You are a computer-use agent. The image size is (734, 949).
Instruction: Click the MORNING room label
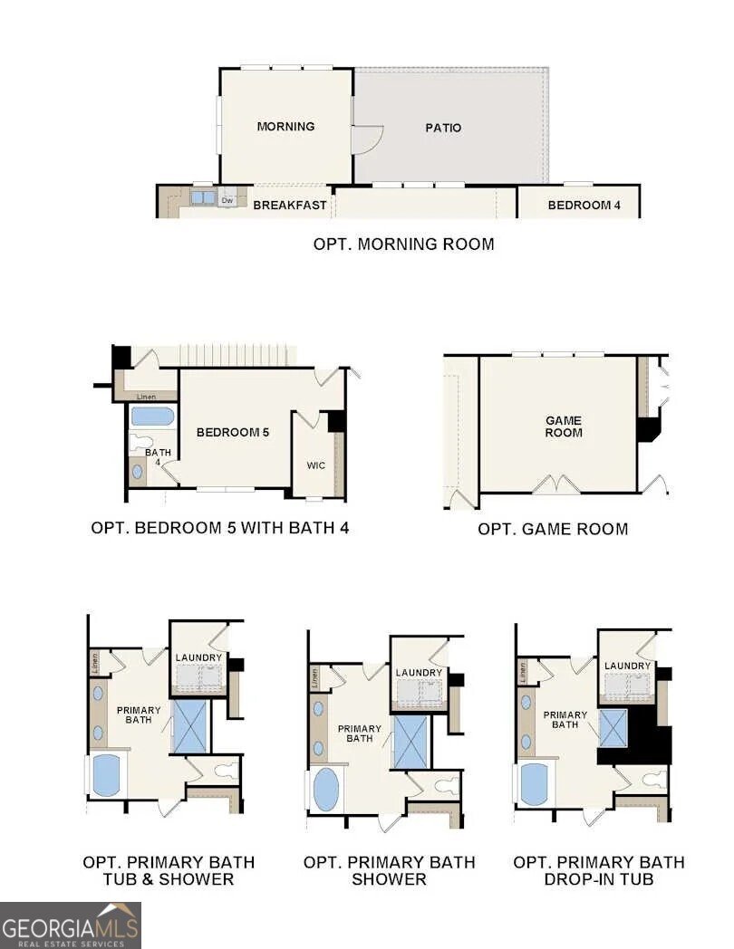point(285,127)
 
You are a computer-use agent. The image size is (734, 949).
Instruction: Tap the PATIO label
point(443,128)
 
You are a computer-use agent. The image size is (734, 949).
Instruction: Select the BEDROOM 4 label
point(584,206)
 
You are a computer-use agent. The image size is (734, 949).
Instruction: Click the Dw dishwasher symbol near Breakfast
point(228,200)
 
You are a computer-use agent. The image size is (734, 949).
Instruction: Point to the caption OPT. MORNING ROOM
point(403,244)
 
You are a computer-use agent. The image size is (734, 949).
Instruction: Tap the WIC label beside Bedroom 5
point(315,465)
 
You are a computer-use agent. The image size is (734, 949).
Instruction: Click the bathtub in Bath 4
point(151,417)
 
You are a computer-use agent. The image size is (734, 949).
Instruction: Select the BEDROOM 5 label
point(233,432)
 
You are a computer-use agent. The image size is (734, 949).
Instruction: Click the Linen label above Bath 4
point(146,397)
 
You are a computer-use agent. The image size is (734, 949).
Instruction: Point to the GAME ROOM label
point(563,427)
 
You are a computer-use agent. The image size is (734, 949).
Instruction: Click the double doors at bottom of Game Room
point(555,484)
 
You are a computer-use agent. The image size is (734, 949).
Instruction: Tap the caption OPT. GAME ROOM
point(553,529)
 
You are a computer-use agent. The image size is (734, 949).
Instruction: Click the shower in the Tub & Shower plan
point(190,726)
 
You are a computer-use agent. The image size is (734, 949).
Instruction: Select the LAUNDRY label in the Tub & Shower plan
point(198,658)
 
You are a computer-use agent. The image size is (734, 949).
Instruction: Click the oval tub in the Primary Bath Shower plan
point(324,790)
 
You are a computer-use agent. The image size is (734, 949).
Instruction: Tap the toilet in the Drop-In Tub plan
point(652,779)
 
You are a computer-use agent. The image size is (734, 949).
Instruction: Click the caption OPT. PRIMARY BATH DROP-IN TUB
point(599,870)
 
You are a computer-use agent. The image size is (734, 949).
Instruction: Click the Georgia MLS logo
point(71,925)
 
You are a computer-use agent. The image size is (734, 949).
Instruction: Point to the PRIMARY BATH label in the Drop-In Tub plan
point(565,720)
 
